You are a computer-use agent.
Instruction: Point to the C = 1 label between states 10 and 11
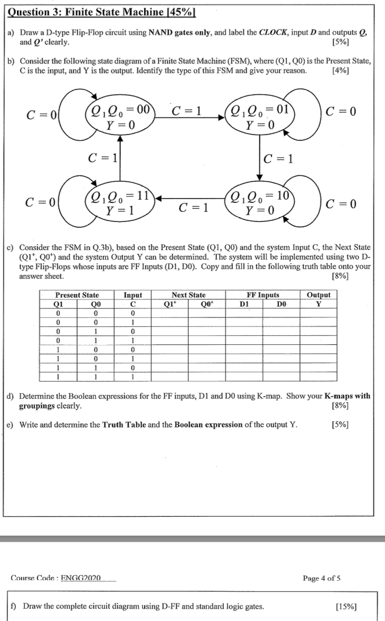189,207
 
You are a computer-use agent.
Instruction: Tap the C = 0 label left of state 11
41,202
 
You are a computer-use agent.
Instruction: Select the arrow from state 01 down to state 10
259,158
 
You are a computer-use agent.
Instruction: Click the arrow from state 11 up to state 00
120,158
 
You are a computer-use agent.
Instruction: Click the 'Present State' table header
77,295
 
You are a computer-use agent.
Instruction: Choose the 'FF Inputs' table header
263,295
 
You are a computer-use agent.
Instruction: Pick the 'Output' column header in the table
318,295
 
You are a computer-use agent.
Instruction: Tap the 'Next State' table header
188,295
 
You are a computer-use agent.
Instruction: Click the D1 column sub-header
244,304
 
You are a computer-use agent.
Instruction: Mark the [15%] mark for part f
346,606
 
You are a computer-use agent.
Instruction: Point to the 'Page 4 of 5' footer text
321,578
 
